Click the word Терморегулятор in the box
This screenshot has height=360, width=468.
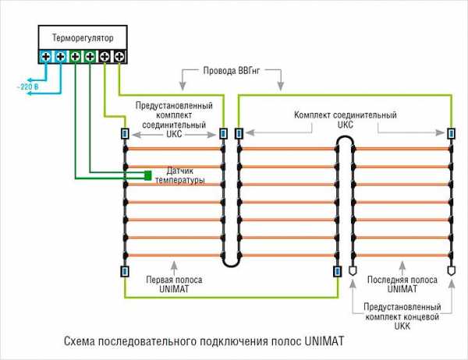click(x=83, y=38)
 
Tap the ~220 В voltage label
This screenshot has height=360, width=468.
click(x=28, y=87)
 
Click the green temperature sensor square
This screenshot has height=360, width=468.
click(x=147, y=175)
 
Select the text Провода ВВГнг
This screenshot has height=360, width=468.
click(x=232, y=71)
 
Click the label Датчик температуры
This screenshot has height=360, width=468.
click(x=180, y=175)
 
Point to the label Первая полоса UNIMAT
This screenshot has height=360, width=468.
click(x=174, y=284)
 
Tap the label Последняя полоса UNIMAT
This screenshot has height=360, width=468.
click(x=402, y=284)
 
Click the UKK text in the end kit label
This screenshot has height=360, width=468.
click(x=402, y=326)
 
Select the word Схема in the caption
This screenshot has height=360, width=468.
click(x=79, y=341)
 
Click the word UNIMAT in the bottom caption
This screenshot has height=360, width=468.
click(x=324, y=341)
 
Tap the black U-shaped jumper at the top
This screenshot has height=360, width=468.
click(x=346, y=138)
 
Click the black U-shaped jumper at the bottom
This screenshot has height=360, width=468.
click(x=231, y=263)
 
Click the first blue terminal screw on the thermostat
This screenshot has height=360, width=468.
click(x=46, y=56)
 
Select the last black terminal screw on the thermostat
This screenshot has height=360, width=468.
click(x=119, y=56)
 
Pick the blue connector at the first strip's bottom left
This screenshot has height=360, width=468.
click(x=125, y=271)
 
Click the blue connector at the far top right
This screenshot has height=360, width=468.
click(x=451, y=133)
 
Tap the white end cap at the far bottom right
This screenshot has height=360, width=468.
click(x=452, y=270)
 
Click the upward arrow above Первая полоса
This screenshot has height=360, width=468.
click(x=174, y=268)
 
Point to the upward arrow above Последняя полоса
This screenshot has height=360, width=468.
click(x=402, y=268)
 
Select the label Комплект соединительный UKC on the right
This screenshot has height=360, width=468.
click(x=346, y=119)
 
